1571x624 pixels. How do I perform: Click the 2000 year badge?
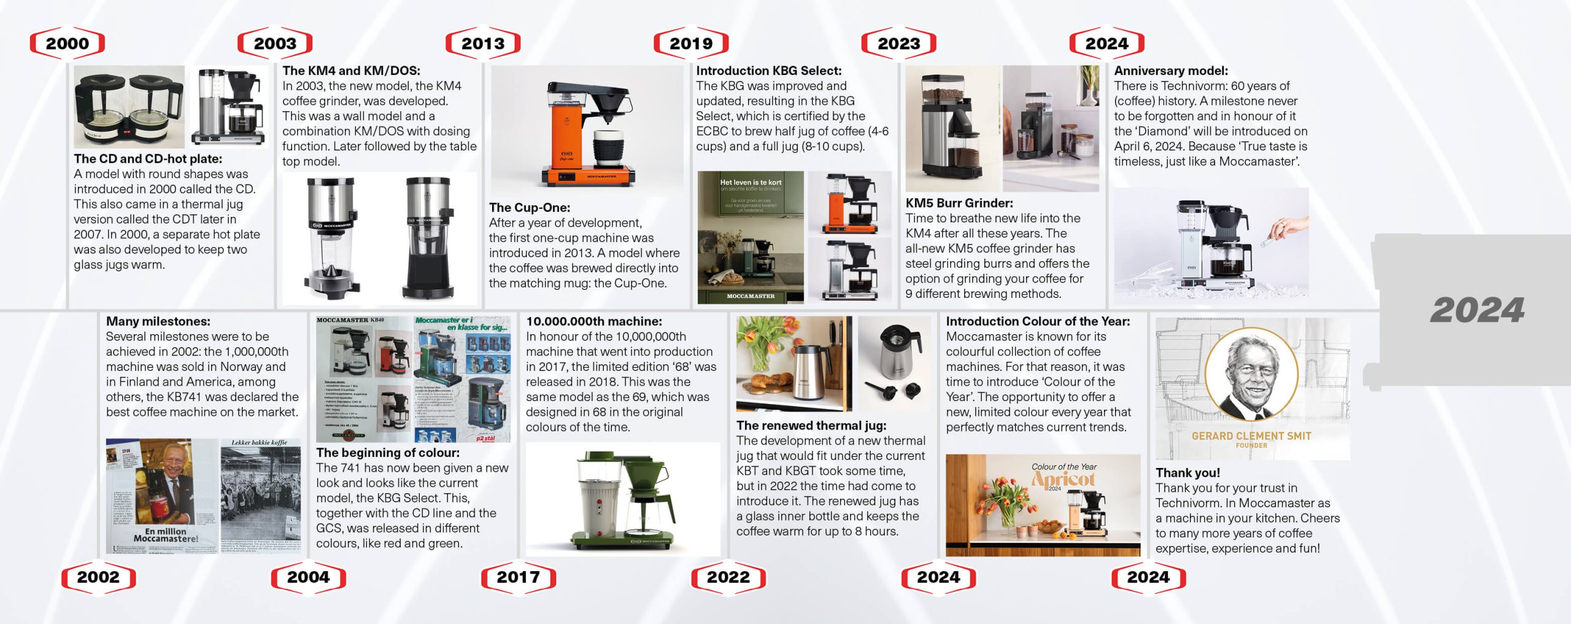(68, 44)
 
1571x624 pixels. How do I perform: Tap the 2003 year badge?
(275, 44)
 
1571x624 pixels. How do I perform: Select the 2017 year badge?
(518, 577)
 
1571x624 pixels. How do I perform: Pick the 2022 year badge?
(728, 577)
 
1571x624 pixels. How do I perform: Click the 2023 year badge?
(899, 44)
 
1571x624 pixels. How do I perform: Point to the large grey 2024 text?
(1477, 310)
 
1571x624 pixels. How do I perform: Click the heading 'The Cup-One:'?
(529, 208)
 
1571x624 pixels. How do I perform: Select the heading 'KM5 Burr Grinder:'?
(959, 203)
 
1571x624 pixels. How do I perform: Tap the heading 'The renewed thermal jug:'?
(811, 426)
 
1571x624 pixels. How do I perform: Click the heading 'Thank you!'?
(1187, 473)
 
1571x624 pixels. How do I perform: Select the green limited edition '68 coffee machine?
(623, 501)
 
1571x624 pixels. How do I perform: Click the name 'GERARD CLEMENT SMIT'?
(1251, 436)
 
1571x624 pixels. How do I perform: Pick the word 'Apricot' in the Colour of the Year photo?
(1063, 479)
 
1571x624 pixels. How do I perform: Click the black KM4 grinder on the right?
(428, 240)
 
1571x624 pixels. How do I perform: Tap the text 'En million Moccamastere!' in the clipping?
(166, 535)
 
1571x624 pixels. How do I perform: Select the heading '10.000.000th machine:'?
(593, 321)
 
